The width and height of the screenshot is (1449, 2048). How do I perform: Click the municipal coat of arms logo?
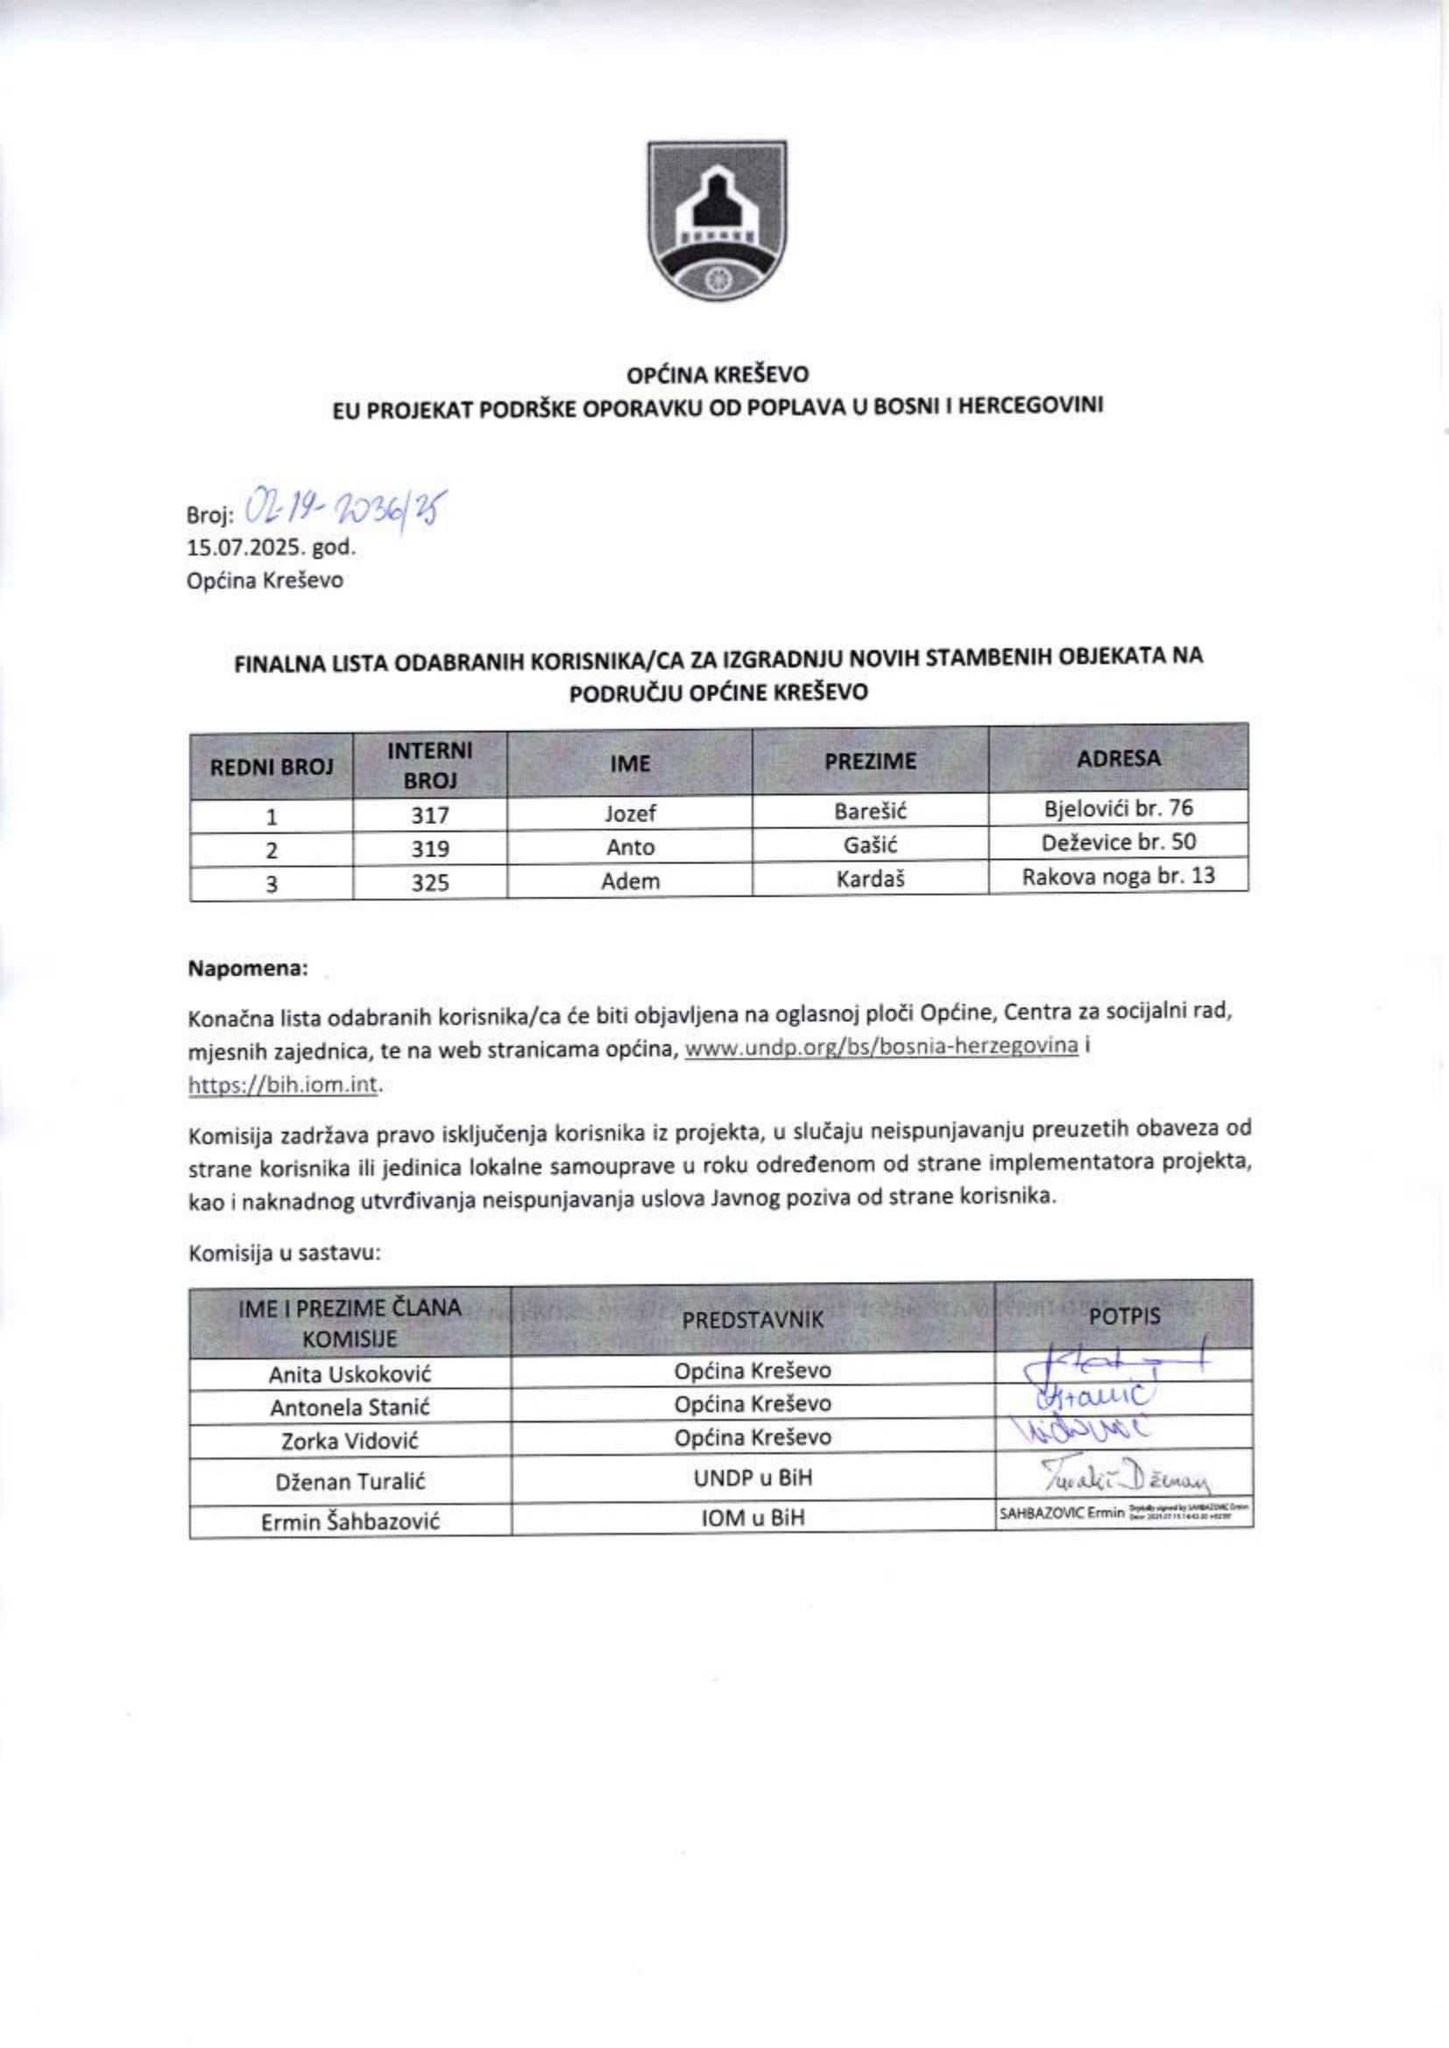[717, 220]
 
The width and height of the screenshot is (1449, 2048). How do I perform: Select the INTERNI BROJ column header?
[429, 764]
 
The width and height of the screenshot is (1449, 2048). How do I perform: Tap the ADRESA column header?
[1118, 758]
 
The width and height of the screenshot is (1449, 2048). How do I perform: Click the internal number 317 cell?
[429, 814]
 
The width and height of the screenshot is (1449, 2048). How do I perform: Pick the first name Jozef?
[630, 813]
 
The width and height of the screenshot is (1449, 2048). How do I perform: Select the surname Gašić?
[870, 845]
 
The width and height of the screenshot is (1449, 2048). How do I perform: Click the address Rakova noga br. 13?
[1118, 876]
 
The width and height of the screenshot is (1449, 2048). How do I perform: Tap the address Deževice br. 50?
[1118, 842]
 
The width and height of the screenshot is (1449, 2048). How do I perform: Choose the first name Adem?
[630, 882]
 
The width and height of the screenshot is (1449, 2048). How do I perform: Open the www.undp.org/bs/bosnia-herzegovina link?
[880, 1046]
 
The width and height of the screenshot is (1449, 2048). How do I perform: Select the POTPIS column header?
[1124, 1317]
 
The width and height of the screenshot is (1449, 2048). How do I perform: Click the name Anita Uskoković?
[350, 1374]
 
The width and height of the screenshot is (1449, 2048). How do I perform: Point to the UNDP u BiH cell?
[753, 1478]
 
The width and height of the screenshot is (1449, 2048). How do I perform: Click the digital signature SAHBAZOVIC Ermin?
[1062, 1514]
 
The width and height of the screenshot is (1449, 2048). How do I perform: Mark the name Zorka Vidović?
[350, 1440]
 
